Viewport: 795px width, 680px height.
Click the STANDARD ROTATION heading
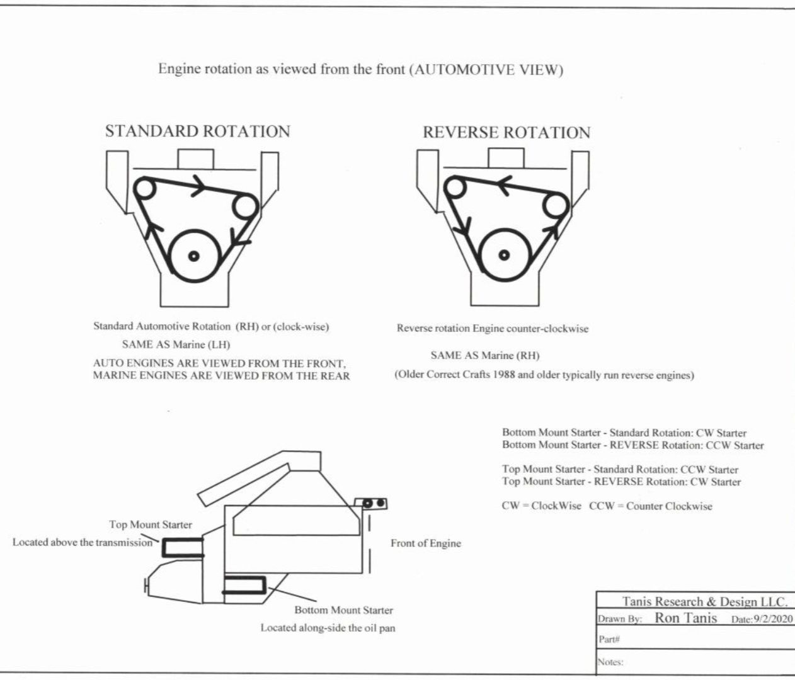pos(197,132)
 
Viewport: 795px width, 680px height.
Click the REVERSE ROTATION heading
pos(506,133)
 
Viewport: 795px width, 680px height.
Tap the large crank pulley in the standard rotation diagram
pos(194,255)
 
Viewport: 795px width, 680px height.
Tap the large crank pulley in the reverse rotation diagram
pos(503,255)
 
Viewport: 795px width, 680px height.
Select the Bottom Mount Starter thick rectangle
pos(244,586)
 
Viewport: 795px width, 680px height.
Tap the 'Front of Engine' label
pos(425,543)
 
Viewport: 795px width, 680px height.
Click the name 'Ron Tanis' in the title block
pos(685,618)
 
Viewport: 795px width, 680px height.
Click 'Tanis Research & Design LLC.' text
pos(704,601)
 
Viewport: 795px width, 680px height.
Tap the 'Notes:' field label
pos(610,662)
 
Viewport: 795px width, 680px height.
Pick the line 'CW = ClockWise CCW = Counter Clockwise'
pos(607,506)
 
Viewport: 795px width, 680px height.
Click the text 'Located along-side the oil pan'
pos(328,628)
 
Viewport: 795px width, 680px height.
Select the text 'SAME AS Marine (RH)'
pos(484,355)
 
